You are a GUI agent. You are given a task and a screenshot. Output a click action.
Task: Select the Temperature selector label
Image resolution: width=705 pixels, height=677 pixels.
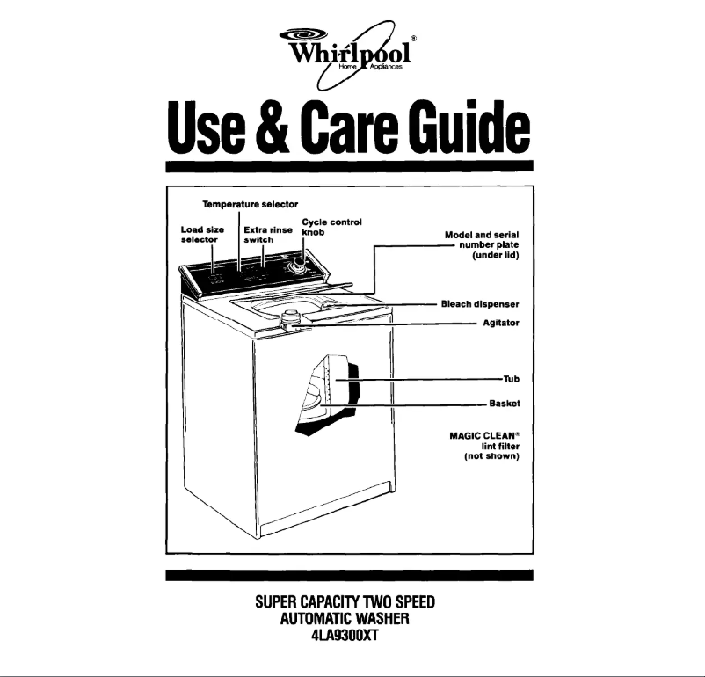pos(239,204)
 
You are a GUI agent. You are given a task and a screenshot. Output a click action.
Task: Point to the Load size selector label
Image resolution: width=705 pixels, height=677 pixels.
pos(196,233)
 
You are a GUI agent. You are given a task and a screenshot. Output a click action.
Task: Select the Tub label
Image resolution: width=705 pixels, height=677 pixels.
pos(511,380)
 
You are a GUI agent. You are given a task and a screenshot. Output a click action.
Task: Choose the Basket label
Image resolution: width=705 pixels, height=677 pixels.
pos(505,404)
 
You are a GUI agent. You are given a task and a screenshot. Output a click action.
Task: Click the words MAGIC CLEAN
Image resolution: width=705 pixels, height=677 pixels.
pos(483,435)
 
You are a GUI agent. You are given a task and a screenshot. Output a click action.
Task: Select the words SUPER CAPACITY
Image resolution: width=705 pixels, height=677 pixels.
pos(308,603)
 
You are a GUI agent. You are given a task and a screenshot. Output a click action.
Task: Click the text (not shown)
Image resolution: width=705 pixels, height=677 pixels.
pos(492,456)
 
